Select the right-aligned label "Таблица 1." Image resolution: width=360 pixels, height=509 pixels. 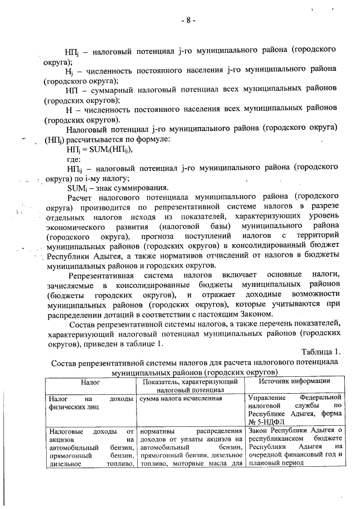pyautogui.click(x=320, y=352)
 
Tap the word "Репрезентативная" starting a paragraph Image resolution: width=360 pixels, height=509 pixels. pyautogui.click(x=101, y=274)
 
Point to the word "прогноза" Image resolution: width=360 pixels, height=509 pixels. pyautogui.click(x=172, y=237)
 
